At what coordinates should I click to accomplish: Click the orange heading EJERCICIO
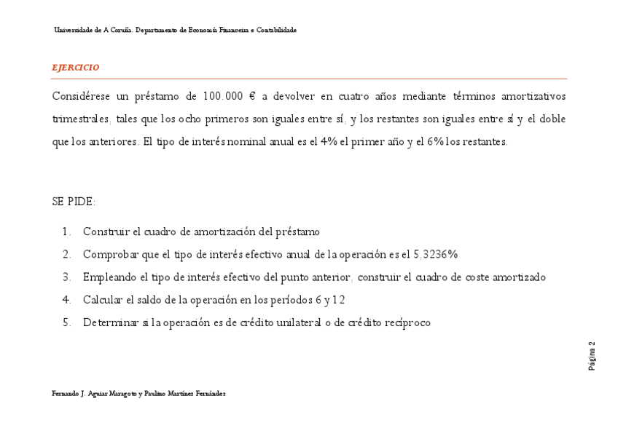pos(76,67)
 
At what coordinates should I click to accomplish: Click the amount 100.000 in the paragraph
pos(222,96)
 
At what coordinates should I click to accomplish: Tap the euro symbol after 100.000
pos(251,96)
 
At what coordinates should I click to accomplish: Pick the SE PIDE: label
pos(74,202)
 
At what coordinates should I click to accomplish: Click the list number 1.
pos(66,232)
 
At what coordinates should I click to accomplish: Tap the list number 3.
pos(66,277)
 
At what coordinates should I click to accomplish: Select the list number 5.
pos(66,322)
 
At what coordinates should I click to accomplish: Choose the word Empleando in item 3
pos(111,277)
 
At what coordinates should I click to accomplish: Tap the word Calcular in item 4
pos(103,300)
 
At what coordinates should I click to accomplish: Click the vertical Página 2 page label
pos(592,354)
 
